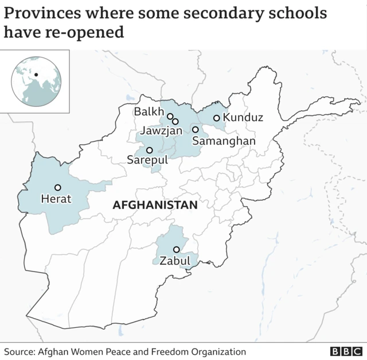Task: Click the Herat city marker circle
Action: pos(57,187)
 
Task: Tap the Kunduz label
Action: pos(243,118)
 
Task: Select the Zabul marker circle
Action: pos(176,249)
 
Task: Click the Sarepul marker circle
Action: pos(149,150)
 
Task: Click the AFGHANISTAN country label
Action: pos(155,205)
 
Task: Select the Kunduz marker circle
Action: pos(216,118)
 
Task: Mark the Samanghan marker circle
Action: pos(195,130)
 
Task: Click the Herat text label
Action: pos(56,199)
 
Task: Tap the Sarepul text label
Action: pos(147,161)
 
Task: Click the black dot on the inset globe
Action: pos(36,73)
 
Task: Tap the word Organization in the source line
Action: pos(217,351)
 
